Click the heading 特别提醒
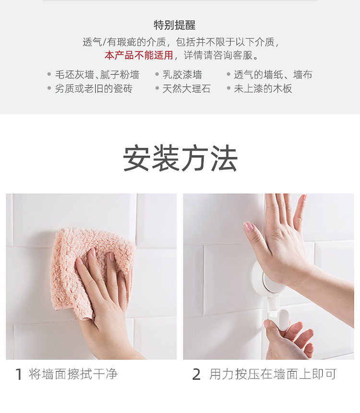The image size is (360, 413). (x=174, y=25)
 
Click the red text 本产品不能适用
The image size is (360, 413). (x=139, y=55)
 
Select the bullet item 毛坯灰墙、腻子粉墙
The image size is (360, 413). (x=97, y=74)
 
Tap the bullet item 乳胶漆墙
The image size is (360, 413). (x=182, y=74)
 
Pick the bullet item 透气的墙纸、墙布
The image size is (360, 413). (x=273, y=74)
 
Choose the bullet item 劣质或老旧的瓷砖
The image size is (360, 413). (x=94, y=88)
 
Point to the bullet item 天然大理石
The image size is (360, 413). (x=186, y=88)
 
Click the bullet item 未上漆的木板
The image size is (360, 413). (x=263, y=88)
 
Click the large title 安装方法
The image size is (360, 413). (x=180, y=158)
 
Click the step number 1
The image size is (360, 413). (x=18, y=374)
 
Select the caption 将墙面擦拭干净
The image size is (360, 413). (x=73, y=374)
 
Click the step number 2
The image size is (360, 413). (x=196, y=374)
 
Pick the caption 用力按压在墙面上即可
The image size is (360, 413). (x=273, y=374)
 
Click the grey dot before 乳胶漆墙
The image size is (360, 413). (x=157, y=74)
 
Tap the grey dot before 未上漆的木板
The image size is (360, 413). (x=228, y=88)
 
